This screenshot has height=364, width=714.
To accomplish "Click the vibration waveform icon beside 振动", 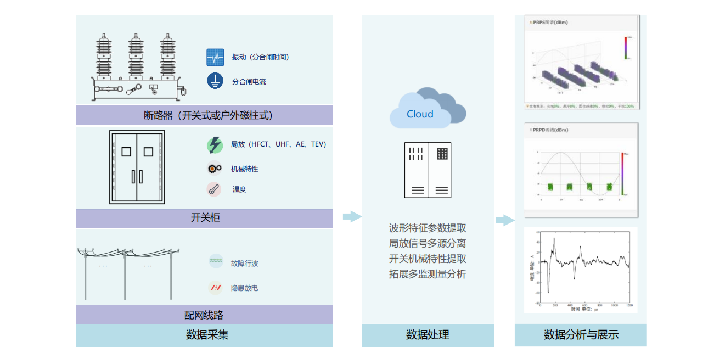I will pyautogui.click(x=215, y=57).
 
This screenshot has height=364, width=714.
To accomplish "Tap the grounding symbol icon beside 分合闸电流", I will pyautogui.click(x=215, y=81).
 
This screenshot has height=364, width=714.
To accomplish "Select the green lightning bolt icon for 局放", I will pyautogui.click(x=215, y=145).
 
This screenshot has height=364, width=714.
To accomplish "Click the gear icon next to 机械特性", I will pyautogui.click(x=215, y=169).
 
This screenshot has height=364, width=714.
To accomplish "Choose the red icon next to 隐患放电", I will pyautogui.click(x=216, y=287).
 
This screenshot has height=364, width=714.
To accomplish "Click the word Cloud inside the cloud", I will pyautogui.click(x=420, y=114).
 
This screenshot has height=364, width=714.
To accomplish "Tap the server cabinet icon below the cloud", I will pyautogui.click(x=428, y=170).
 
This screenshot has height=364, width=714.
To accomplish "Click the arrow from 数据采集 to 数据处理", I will pyautogui.click(x=352, y=216).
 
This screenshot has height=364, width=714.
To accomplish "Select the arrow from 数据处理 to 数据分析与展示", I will pyautogui.click(x=505, y=221).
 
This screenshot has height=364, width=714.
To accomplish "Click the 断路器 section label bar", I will pyautogui.click(x=204, y=115).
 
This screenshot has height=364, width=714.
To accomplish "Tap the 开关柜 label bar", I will pyautogui.click(x=204, y=218).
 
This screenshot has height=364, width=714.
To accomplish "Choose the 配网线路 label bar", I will pyautogui.click(x=204, y=315).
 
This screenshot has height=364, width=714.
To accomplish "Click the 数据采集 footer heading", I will pyautogui.click(x=204, y=335).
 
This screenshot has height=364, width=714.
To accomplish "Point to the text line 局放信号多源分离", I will pyautogui.click(x=428, y=243).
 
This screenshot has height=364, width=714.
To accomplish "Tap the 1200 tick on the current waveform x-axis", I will pyautogui.click(x=629, y=305).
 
